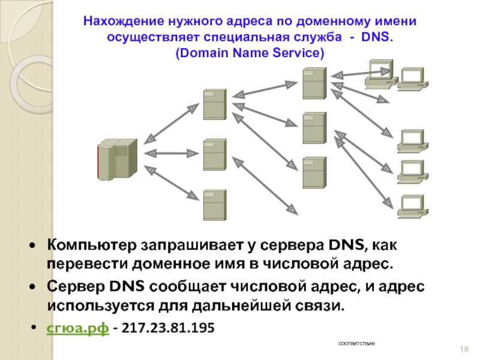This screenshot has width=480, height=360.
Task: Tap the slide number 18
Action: pos(463,349)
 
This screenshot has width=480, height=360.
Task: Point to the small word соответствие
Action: pos(356,343)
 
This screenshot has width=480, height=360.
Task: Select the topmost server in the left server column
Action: pos(214,103)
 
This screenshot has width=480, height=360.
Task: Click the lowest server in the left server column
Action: pos(214,204)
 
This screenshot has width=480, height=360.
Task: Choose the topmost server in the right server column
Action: pos(313,83)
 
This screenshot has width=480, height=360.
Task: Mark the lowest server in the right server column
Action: pos(313,172)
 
